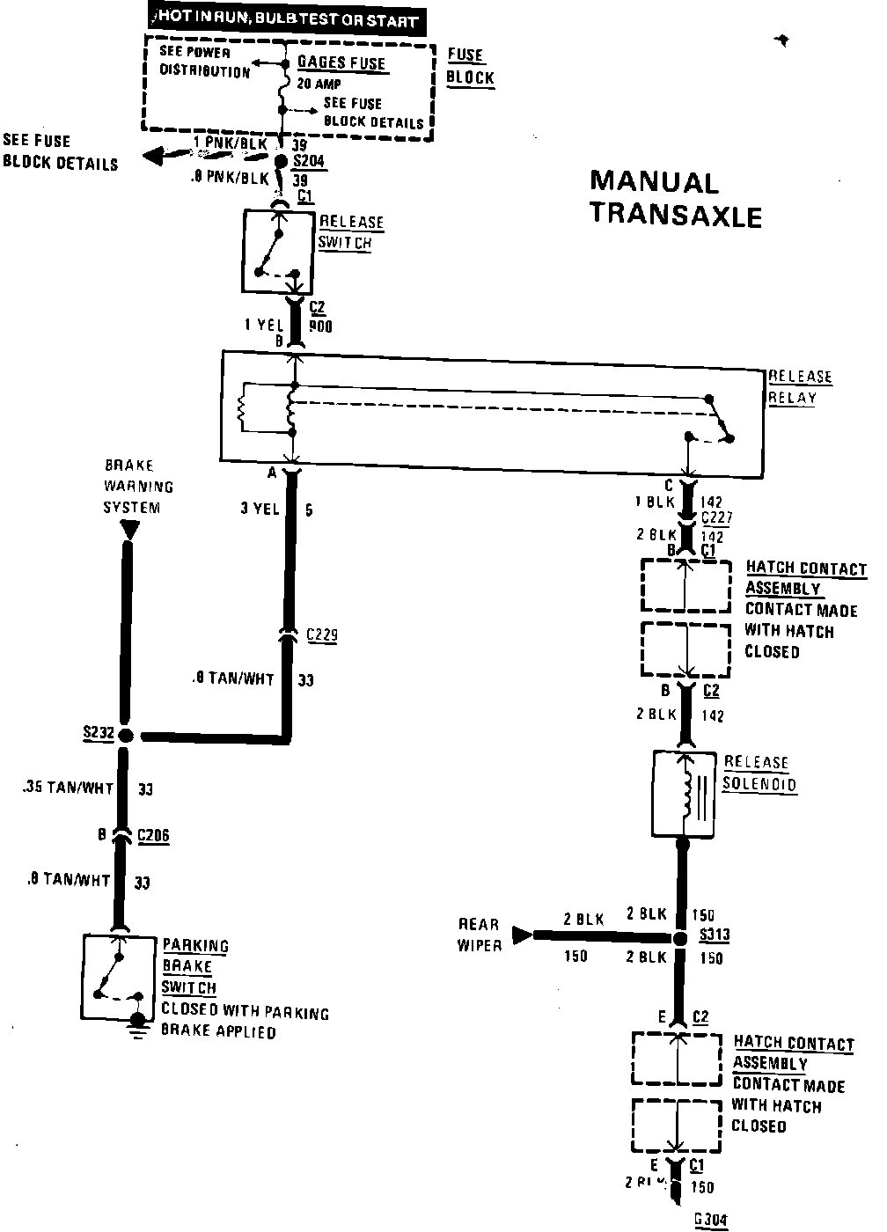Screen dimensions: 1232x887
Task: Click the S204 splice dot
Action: [282, 162]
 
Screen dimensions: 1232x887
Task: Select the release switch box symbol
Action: [278, 251]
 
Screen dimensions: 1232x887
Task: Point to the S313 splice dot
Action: [679, 938]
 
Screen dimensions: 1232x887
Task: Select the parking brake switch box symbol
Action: [119, 977]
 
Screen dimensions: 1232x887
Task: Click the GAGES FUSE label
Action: [341, 63]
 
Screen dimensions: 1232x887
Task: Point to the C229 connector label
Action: [321, 635]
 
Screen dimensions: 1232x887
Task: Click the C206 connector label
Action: [153, 835]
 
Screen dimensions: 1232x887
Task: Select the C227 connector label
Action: [716, 518]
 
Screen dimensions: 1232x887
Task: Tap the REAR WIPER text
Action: [478, 935]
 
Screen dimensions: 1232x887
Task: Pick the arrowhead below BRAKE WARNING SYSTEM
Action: [129, 530]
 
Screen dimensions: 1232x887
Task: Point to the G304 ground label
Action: [711, 1219]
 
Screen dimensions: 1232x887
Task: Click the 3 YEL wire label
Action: [260, 509]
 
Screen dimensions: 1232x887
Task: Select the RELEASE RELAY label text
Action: [800, 386]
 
